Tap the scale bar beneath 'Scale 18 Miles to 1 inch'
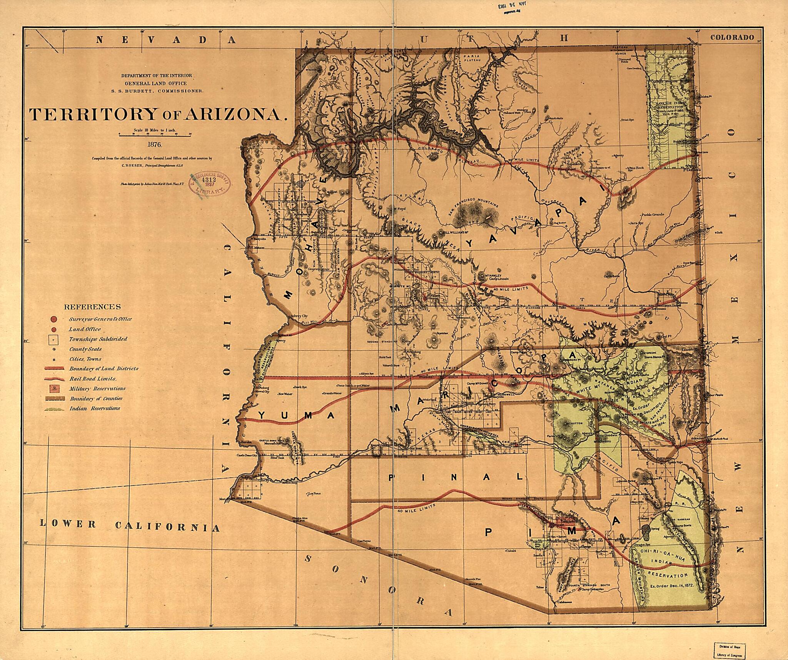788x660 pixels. (155, 135)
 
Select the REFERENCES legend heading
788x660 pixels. (92, 307)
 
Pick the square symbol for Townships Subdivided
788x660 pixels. (54, 339)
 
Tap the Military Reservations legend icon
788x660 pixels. (54, 388)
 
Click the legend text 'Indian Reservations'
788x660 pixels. (95, 408)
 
